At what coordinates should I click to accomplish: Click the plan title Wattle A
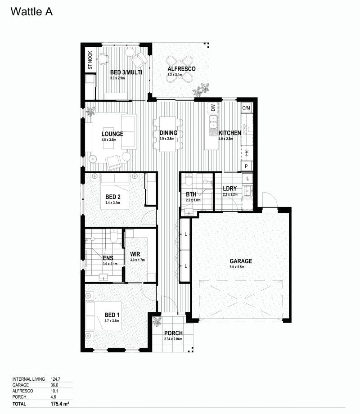pyautogui.click(x=31, y=12)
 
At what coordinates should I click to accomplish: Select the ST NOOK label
pyautogui.click(x=90, y=60)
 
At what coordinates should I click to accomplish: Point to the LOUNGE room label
pyautogui.click(x=112, y=134)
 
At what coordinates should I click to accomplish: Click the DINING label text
pyautogui.click(x=168, y=133)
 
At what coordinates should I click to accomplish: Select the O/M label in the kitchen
pyautogui.click(x=246, y=108)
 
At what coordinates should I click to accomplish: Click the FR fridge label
pyautogui.click(x=247, y=153)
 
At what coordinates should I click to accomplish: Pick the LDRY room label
pyautogui.click(x=230, y=189)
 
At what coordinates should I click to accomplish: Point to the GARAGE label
pyautogui.click(x=241, y=261)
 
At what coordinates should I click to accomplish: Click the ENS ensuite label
pyautogui.click(x=108, y=258)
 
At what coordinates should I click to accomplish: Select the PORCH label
pyautogui.click(x=173, y=333)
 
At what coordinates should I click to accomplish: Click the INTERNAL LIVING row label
pyautogui.click(x=29, y=379)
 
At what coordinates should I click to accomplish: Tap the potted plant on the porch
pyautogui.click(x=157, y=321)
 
